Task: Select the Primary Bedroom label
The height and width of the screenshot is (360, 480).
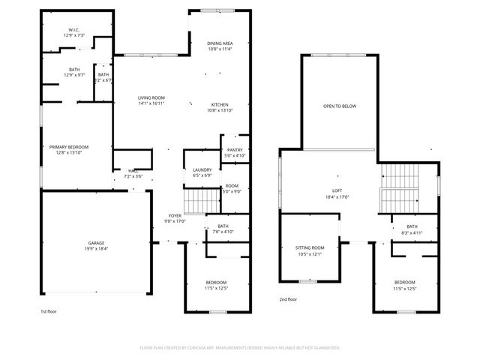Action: pos(69,146)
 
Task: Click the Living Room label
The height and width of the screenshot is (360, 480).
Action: pos(151,98)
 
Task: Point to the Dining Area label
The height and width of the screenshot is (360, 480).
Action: pos(220,43)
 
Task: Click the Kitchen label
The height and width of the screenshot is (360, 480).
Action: pos(220,104)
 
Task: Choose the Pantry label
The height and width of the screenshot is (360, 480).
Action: pos(235,150)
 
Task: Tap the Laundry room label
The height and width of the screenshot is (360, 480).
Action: pos(201,170)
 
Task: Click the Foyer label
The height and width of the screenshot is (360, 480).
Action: pos(175,215)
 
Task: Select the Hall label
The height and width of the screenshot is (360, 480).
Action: pos(133,171)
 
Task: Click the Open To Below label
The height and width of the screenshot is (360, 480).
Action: pos(340,106)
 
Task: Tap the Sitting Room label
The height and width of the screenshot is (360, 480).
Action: pos(309,247)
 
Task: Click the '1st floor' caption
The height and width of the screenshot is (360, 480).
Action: pos(49,310)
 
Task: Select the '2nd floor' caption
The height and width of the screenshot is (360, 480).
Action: pos(288,298)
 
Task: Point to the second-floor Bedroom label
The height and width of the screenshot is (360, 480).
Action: pos(404,283)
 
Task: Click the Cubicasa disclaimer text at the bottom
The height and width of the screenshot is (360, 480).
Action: pos(240,348)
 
